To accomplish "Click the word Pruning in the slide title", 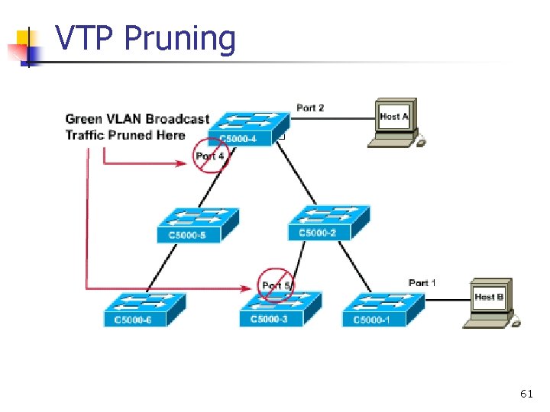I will (180, 38).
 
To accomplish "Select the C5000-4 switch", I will (248, 128).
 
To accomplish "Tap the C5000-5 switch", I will (198, 224).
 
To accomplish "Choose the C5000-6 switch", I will (144, 309).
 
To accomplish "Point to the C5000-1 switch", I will (383, 309).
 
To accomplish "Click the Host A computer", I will (393, 122).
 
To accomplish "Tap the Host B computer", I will (490, 301).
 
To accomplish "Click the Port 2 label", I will (310, 108).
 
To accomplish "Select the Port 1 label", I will (422, 283).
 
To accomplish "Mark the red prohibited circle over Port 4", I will (210, 156).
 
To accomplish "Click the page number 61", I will (526, 394).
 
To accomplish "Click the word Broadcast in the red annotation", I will (177, 118).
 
